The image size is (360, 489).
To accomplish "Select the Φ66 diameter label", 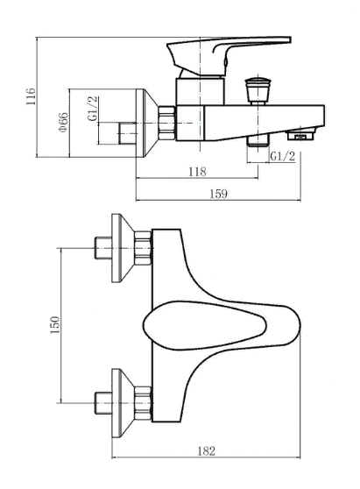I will point(64,123).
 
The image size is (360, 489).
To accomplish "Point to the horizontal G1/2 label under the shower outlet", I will point(281,156).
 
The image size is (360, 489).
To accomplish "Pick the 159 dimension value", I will point(218,193).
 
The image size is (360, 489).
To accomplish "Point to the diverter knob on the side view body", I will point(258,88).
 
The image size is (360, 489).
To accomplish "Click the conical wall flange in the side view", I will point(143,122).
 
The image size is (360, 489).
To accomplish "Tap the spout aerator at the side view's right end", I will point(303,134).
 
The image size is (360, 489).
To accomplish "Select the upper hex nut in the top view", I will point(144,248).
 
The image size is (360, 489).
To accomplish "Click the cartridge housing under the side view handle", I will point(200,89).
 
